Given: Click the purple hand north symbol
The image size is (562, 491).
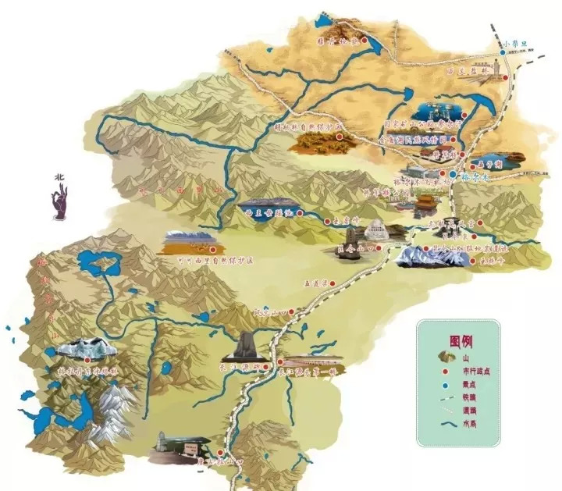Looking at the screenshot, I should [x=60, y=205].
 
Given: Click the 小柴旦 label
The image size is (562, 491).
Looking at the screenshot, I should [x=518, y=44].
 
